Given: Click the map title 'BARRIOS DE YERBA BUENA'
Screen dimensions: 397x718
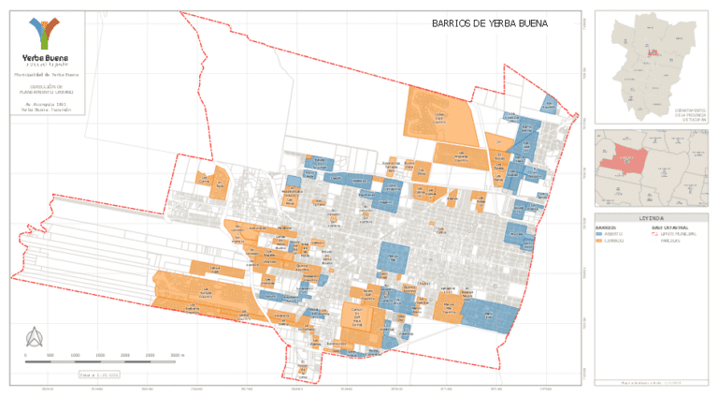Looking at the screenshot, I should pos(489,23).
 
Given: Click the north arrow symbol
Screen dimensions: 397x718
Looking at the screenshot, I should pos(36,337).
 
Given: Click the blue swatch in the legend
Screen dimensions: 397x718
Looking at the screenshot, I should pos(599,234).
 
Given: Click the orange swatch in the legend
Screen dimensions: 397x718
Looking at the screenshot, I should pos(599,241).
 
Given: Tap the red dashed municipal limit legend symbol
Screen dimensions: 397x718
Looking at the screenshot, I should pos(653,234).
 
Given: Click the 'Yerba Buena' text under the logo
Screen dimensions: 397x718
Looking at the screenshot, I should pos(46,56).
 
